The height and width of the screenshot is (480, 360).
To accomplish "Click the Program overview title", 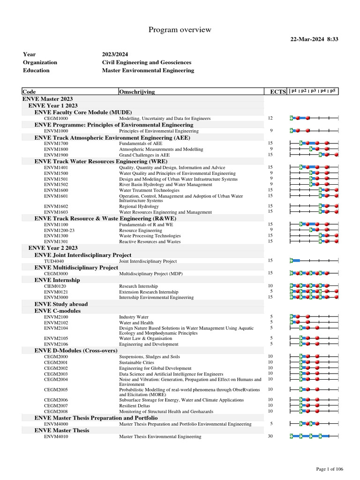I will click(x=180, y=30).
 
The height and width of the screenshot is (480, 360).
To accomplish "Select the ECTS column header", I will click(x=277, y=92).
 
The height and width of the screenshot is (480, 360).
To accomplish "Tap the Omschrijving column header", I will click(x=137, y=92).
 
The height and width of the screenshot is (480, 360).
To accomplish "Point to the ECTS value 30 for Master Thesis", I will click(x=270, y=436).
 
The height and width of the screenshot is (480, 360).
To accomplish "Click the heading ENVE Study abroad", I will click(x=61, y=304).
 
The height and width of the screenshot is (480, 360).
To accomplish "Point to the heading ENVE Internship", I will click(x=57, y=280).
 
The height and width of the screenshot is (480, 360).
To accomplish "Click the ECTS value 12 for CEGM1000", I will click(x=270, y=118).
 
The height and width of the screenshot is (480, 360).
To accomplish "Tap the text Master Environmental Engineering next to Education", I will click(x=148, y=70).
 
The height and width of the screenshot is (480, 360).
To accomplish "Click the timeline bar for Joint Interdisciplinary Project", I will click(x=295, y=261).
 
